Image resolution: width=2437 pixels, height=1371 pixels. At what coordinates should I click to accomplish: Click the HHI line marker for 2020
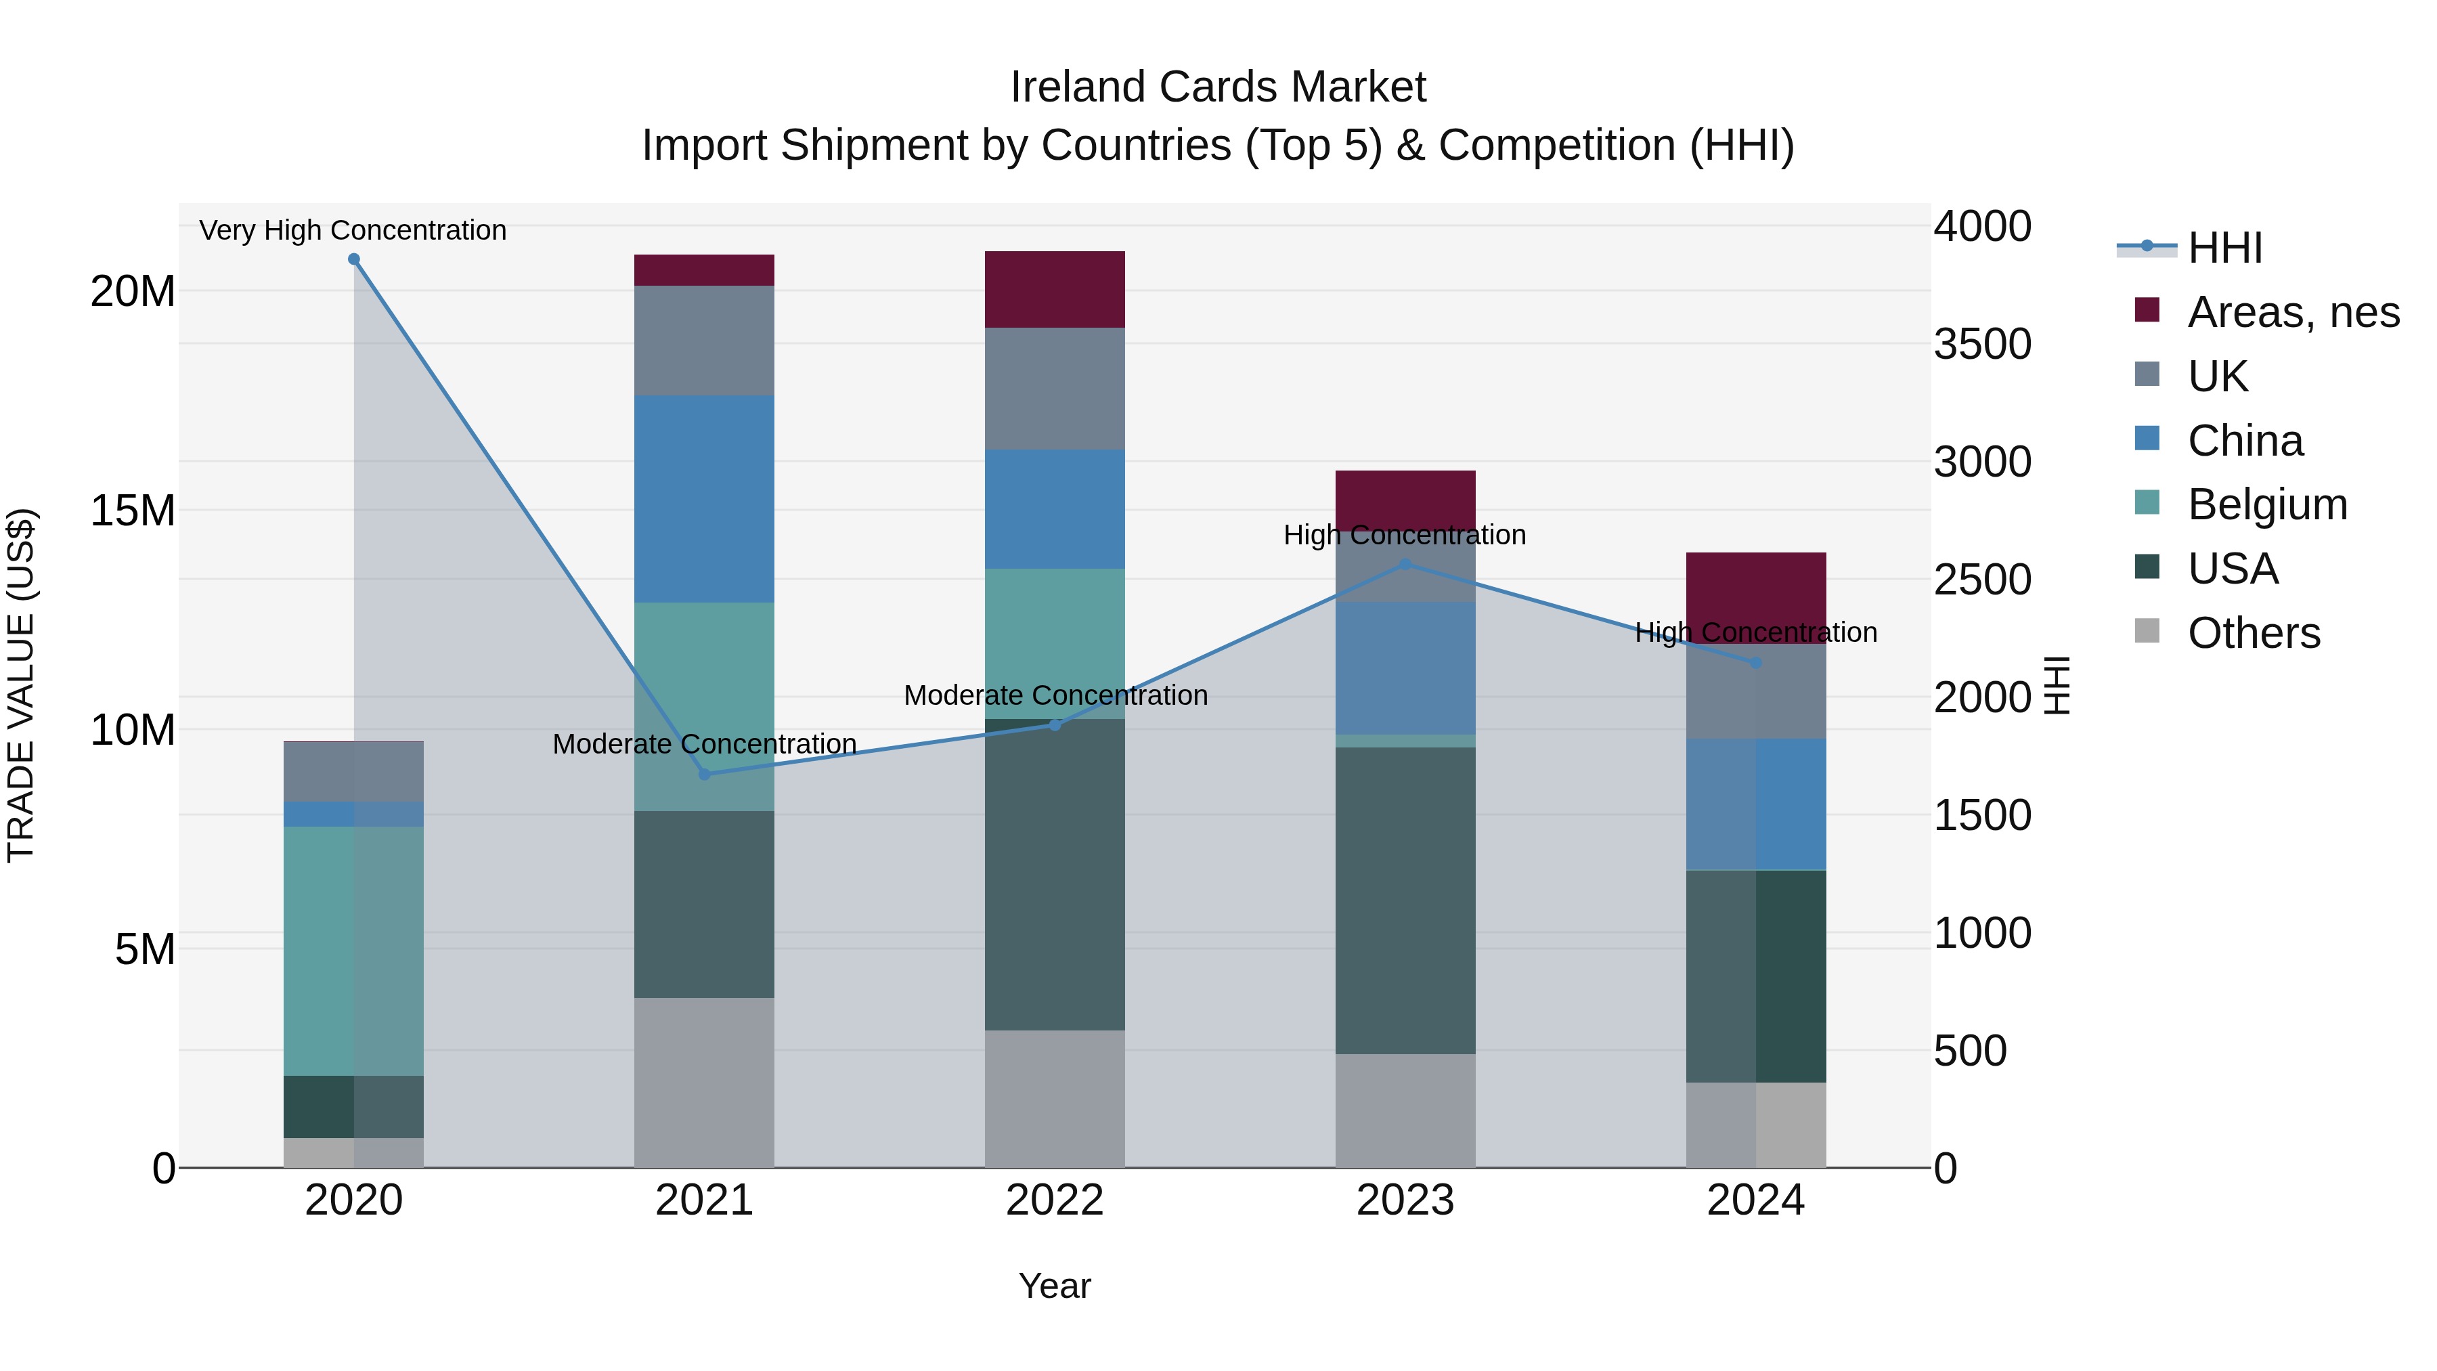(354, 259)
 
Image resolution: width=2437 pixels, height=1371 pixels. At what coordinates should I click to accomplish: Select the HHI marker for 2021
(704, 774)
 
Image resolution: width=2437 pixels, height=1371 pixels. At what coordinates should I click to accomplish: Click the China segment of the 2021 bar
(704, 498)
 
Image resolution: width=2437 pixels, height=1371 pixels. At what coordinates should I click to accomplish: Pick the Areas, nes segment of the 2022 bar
(1055, 290)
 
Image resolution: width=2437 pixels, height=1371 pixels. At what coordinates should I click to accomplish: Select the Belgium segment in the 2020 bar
(354, 951)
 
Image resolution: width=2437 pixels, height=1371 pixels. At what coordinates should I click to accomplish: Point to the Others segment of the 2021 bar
(704, 1083)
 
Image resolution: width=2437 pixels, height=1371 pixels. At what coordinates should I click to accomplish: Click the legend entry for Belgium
(2266, 504)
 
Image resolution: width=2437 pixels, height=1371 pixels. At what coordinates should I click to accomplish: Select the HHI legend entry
(2223, 248)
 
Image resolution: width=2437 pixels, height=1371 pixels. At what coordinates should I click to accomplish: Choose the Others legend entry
(2252, 633)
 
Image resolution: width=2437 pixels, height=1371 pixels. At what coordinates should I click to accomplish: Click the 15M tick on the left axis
(133, 511)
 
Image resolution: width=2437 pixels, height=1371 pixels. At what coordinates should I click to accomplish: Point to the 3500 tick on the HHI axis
(1982, 345)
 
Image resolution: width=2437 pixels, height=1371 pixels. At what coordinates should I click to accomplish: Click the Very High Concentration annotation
(353, 230)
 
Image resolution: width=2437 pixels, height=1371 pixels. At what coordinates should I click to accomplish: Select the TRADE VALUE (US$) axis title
(21, 685)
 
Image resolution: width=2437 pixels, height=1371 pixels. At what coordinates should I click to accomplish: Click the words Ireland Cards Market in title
(1218, 87)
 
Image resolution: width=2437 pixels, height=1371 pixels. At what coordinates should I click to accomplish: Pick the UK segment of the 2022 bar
(1055, 389)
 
